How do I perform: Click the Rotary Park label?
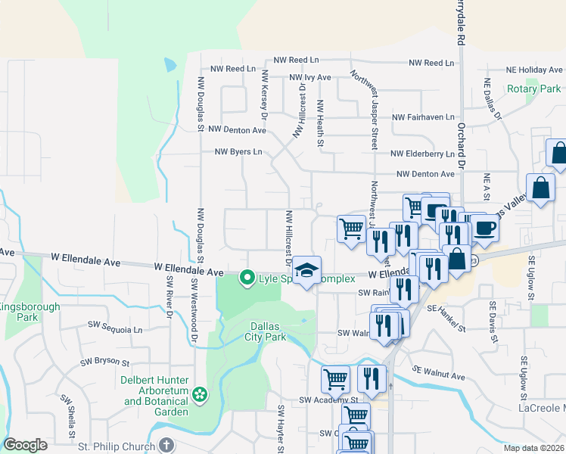[533, 89]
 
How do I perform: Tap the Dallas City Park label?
[268, 331]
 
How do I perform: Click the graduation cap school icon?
[306, 270]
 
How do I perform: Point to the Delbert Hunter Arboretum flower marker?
[199, 393]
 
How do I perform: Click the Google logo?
[25, 445]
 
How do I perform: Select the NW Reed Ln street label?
[297, 60]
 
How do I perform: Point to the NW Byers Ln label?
[238, 151]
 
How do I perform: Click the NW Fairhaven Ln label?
[423, 117]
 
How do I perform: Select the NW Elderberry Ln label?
[422, 154]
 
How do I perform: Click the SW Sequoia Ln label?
[115, 330]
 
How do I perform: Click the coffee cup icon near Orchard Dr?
[484, 227]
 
